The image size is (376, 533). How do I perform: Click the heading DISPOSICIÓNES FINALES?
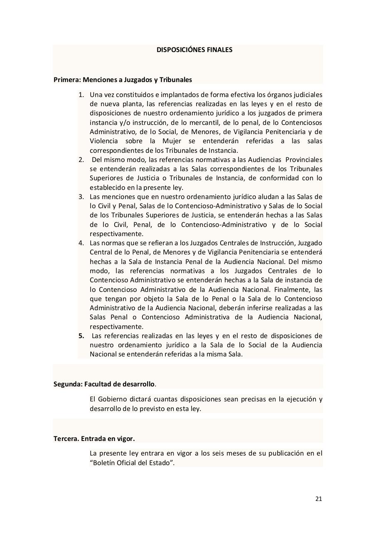194,50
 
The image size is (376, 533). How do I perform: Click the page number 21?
319,498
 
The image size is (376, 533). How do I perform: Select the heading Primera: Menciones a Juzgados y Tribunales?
123,79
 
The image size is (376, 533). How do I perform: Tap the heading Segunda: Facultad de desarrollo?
104,384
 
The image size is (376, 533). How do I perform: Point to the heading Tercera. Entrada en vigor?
94,438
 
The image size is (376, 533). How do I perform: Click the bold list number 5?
81,336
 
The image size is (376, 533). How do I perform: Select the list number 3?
81,197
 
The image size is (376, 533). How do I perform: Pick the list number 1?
81,95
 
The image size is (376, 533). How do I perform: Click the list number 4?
81,243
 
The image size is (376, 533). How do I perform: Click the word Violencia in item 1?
104,141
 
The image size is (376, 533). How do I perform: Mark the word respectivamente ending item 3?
114,234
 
